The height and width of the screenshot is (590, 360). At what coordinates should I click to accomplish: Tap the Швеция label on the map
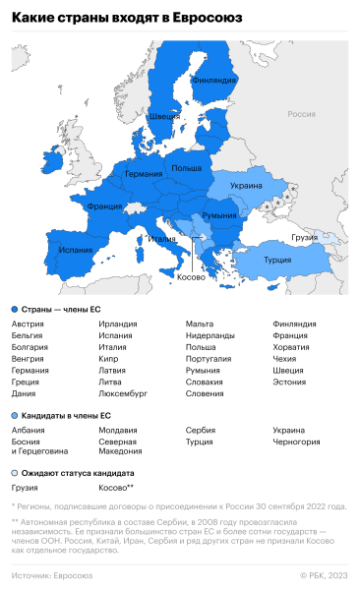point(163,116)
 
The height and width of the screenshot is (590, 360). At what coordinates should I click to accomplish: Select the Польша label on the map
point(187,168)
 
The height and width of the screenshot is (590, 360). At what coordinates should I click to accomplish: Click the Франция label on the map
point(104,207)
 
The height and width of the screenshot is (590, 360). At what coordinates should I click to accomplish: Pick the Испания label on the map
point(75,250)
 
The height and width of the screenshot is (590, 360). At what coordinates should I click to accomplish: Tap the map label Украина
point(246,185)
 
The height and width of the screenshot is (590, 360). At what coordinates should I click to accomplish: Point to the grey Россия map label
point(301,114)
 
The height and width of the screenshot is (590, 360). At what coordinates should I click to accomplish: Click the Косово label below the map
point(191,278)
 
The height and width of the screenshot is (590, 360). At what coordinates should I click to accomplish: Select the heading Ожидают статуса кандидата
point(71,472)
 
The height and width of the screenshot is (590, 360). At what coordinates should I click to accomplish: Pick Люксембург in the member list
point(123,393)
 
